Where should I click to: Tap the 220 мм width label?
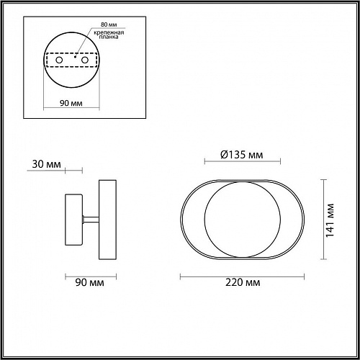coord(242,284)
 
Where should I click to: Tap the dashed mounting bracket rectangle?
coord(72,60)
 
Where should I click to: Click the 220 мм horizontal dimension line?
coord(242,274)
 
